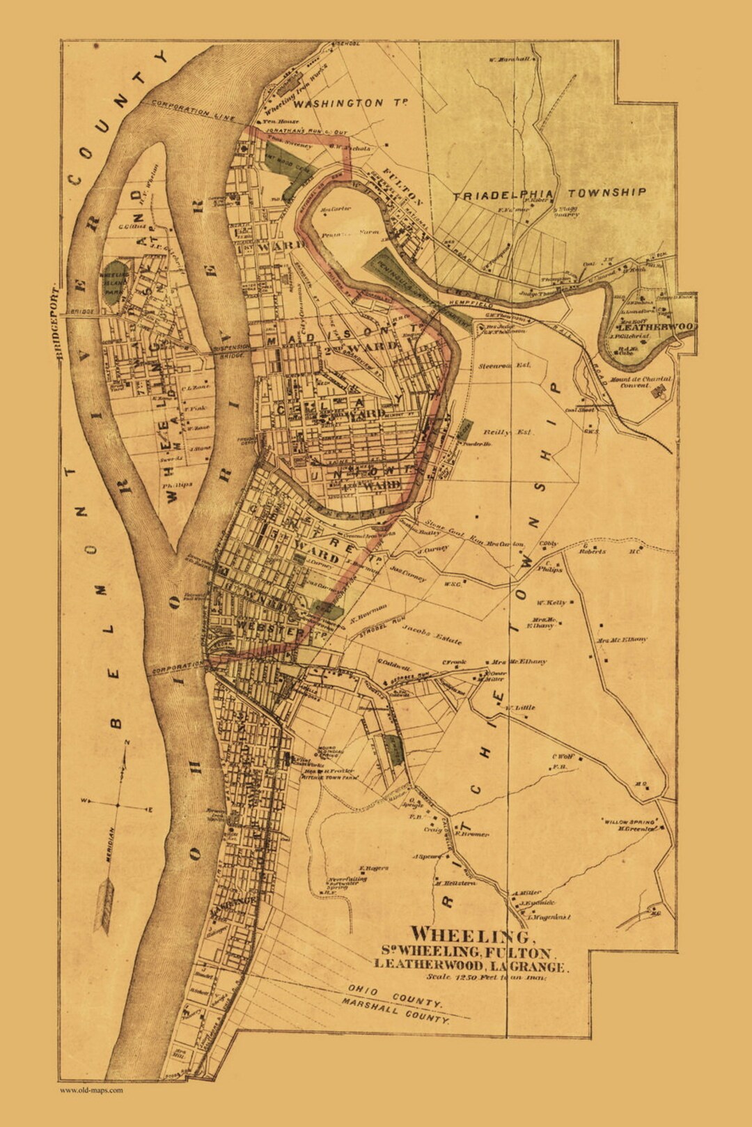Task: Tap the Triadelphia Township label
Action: coord(550,194)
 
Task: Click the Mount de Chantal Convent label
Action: coord(641,382)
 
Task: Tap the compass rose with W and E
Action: coord(118,805)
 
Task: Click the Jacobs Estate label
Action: coord(431,635)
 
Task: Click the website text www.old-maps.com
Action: coord(91,1090)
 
